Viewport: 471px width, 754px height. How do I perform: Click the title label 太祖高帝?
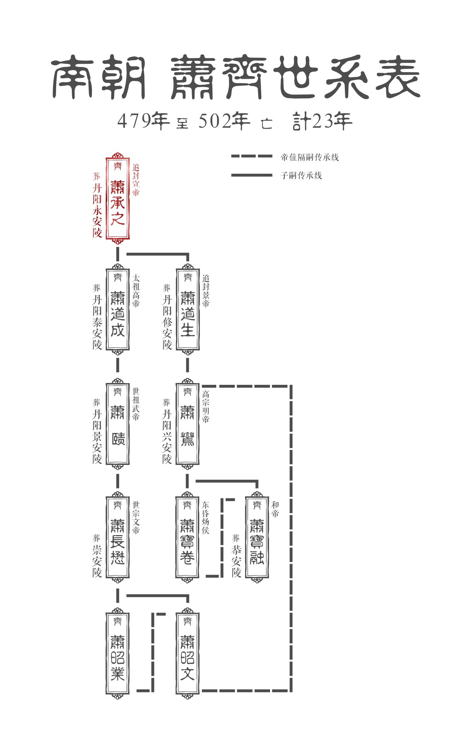click(136, 291)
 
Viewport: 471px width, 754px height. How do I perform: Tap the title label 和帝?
click(275, 509)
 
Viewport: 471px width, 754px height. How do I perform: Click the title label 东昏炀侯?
click(206, 517)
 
